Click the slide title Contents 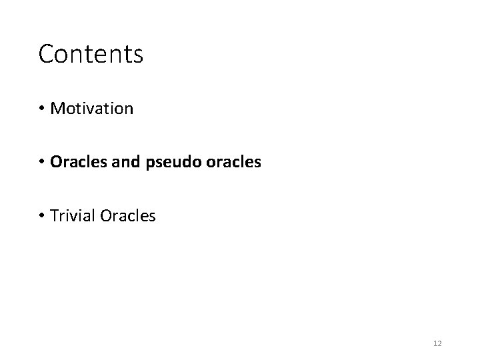[91, 54]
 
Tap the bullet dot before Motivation [42, 109]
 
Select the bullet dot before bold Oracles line [42, 162]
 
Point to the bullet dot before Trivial [42, 216]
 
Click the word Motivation [92, 108]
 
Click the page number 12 [437, 343]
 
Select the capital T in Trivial [54, 215]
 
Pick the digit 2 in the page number [440, 343]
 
